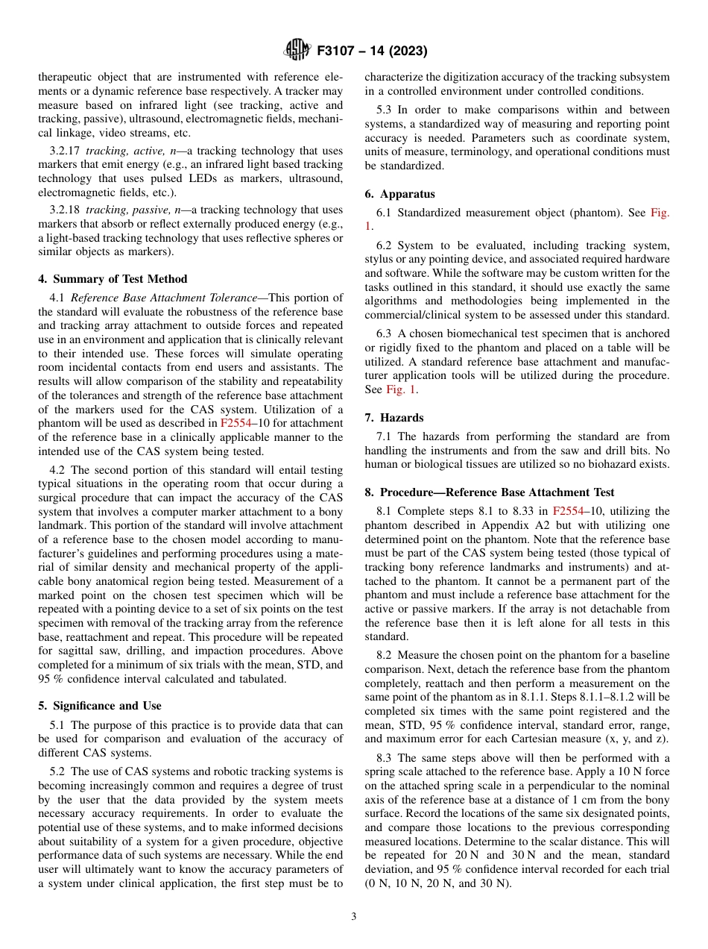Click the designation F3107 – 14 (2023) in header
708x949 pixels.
click(371, 51)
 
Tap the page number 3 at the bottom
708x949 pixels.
click(353, 916)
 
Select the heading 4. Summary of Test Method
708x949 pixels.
click(113, 279)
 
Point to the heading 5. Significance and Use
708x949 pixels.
click(100, 706)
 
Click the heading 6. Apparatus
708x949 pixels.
click(399, 194)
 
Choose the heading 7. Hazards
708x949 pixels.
click(393, 417)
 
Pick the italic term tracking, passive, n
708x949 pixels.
click(131, 210)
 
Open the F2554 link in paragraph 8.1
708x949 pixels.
click(571, 511)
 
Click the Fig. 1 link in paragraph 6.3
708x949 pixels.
click(402, 389)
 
